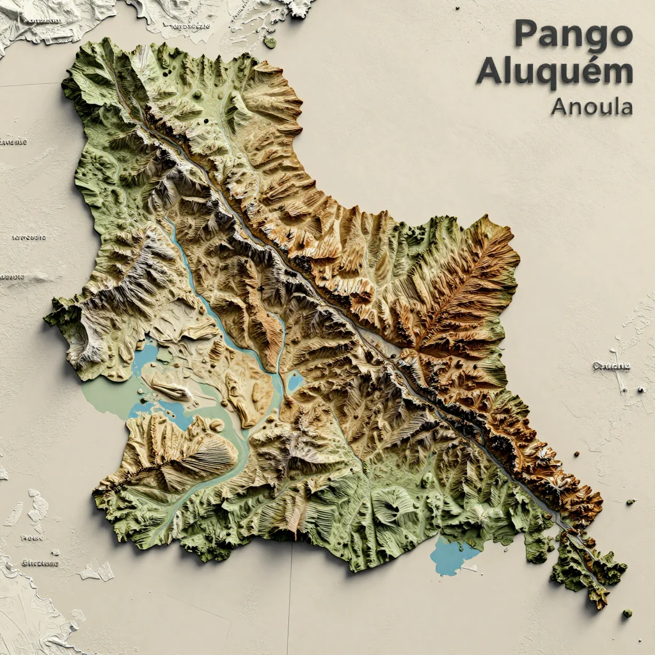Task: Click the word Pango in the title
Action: pyautogui.click(x=572, y=34)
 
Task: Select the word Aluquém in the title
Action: pyautogui.click(x=554, y=72)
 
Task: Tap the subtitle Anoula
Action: pyautogui.click(x=592, y=106)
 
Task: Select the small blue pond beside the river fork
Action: pyautogui.click(x=295, y=383)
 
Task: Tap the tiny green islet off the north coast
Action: pyautogui.click(x=271, y=43)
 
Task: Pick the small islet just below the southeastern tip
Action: pyautogui.click(x=627, y=613)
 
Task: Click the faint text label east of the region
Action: pyautogui.click(x=611, y=367)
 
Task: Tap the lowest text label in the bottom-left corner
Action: pyautogui.click(x=40, y=563)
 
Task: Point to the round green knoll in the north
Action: pyautogui.click(x=198, y=95)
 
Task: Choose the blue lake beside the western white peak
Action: pyautogui.click(x=145, y=355)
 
